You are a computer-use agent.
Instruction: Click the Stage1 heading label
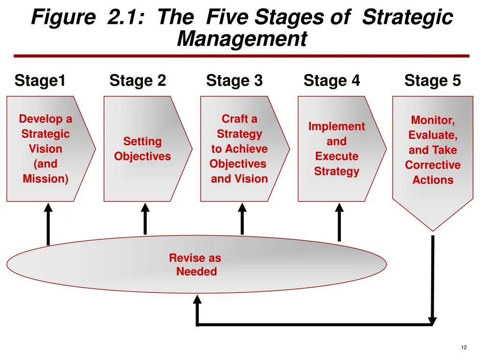pos(40,81)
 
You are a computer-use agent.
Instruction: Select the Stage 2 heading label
pos(137,81)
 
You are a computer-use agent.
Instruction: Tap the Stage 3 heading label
pos(234,81)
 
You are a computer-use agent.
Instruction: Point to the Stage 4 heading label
pos(331,81)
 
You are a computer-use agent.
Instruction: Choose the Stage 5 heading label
pos(432,81)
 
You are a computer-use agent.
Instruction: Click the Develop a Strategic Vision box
pos(46,149)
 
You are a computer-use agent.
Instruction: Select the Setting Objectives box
pos(142,149)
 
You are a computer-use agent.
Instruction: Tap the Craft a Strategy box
pos(240,149)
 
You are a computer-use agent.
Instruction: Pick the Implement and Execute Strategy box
pos(337,149)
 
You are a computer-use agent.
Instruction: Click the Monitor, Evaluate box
pos(433,150)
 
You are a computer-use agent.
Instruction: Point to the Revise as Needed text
pos(195,265)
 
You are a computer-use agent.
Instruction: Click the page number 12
pos(464,347)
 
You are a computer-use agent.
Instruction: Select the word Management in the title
pos(242,39)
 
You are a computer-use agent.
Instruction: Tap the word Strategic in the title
pos(408,18)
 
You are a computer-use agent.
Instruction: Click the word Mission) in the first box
pos(45,179)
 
